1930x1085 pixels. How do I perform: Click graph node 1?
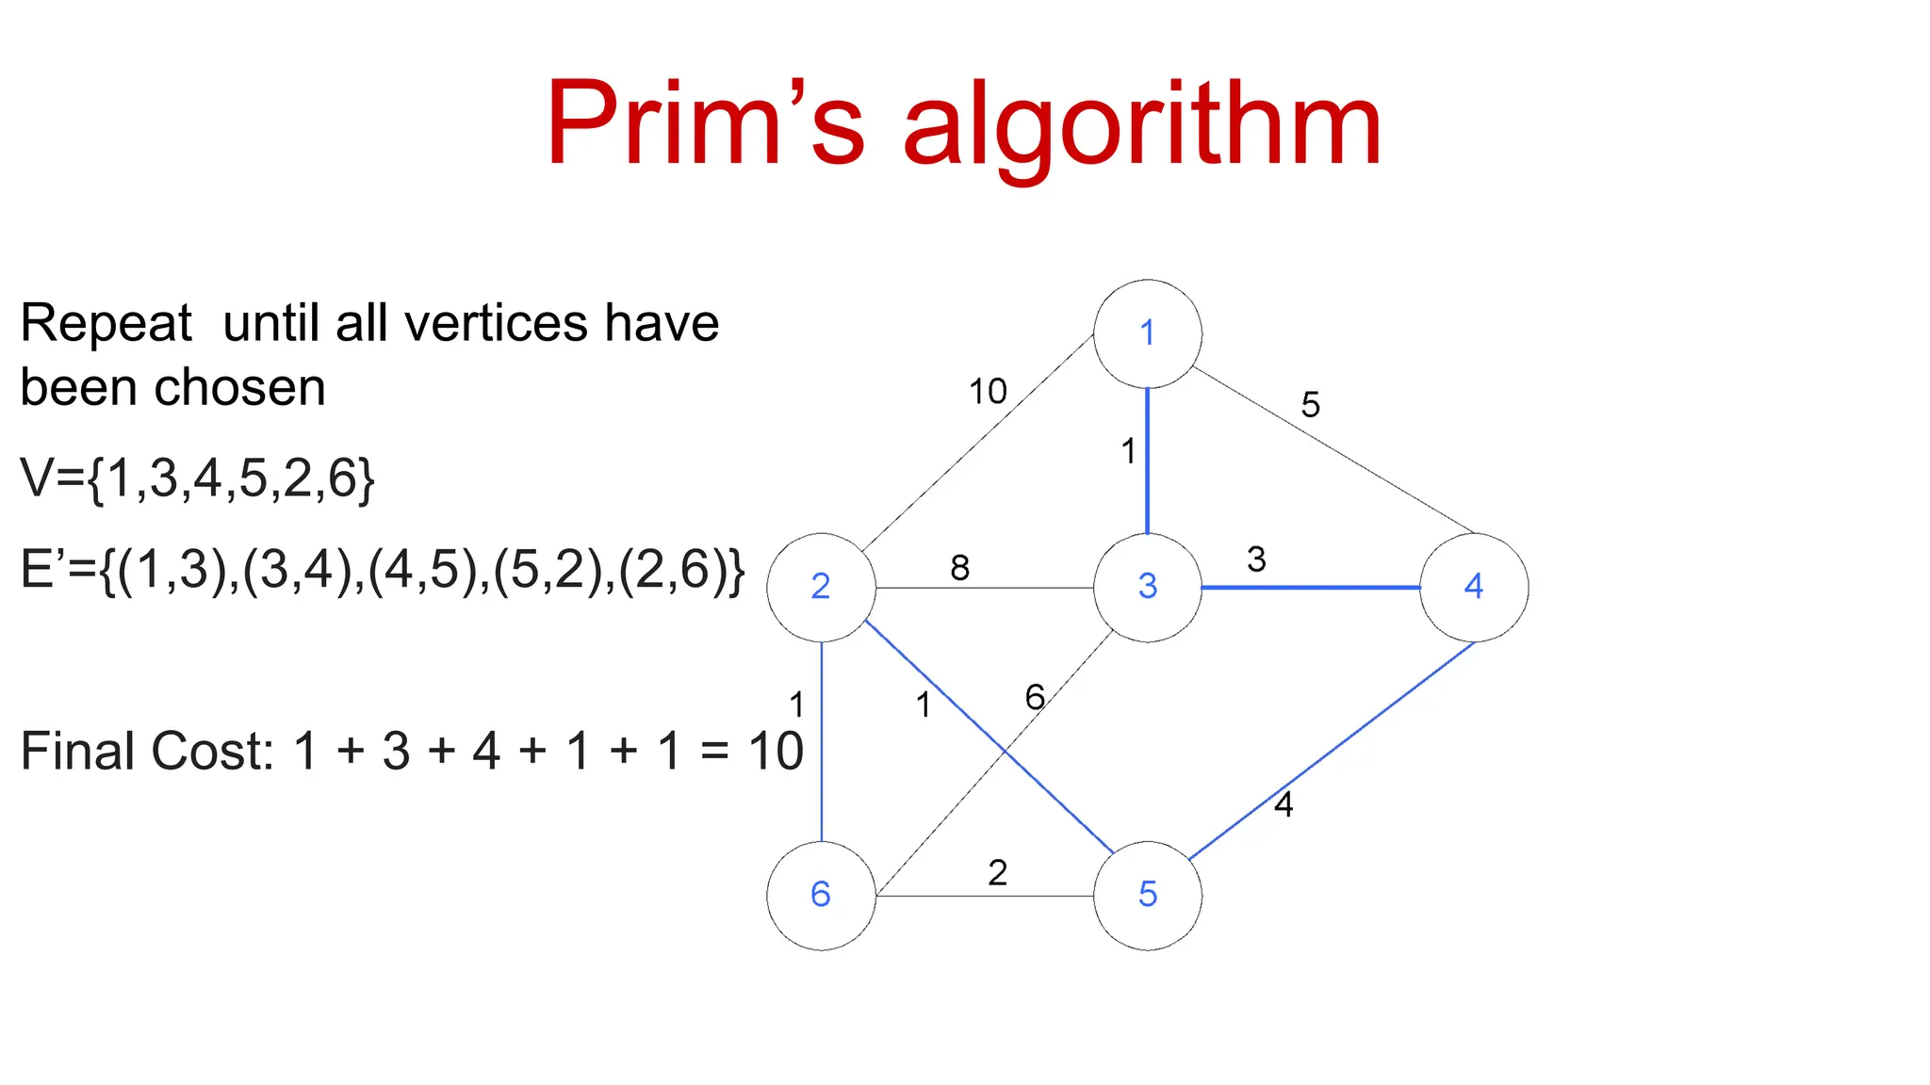1147,333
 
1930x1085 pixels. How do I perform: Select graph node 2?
821,588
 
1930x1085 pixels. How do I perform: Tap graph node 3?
1147,588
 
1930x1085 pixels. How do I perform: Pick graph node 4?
1474,588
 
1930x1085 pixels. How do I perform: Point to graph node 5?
1147,895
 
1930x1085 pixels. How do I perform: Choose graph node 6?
821,895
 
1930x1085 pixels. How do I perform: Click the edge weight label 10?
988,392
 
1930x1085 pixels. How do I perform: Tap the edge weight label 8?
959,568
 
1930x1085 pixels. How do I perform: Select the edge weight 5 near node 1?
1310,405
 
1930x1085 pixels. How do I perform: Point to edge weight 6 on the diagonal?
1035,698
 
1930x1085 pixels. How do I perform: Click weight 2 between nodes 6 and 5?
997,873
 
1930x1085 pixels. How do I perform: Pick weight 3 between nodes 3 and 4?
1256,559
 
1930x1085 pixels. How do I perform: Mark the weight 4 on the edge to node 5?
1284,804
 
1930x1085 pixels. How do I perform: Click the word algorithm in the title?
1142,127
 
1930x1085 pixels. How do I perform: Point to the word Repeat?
106,324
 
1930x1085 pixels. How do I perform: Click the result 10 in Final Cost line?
776,752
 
